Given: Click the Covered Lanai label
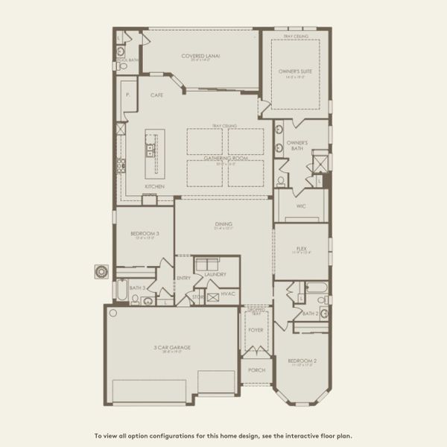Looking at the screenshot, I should tap(200, 55).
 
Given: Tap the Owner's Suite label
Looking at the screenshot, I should tap(295, 71).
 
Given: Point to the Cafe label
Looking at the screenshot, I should tap(156, 95).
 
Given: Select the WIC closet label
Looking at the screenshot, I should tap(301, 206).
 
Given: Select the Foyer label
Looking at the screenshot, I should tap(255, 328).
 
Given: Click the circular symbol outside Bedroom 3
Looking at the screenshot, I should tap(101, 271).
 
